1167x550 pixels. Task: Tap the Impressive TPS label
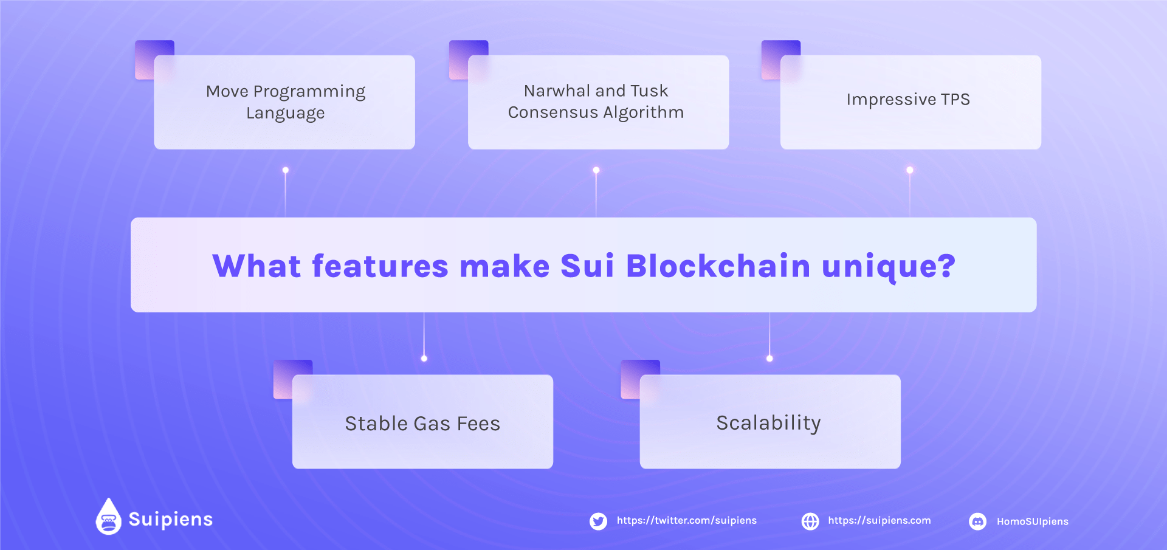click(908, 100)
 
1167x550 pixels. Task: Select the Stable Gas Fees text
click(422, 424)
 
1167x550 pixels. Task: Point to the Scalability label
click(768, 423)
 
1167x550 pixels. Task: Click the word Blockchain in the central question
click(718, 266)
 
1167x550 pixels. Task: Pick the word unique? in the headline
click(889, 266)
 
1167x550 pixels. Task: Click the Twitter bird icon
click(598, 521)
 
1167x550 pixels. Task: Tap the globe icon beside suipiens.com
click(810, 521)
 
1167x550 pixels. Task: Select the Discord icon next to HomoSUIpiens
click(977, 521)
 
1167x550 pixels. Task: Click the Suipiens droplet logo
click(109, 517)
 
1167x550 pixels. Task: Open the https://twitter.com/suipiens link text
click(687, 521)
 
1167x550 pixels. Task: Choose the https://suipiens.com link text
click(880, 521)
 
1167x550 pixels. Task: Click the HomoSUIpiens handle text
click(1033, 522)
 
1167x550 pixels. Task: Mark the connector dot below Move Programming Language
click(286, 170)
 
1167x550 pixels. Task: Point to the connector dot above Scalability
click(769, 359)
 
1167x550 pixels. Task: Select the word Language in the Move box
click(286, 114)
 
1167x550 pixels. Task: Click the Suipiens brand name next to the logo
click(171, 520)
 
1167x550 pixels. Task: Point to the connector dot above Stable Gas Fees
click(424, 359)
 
